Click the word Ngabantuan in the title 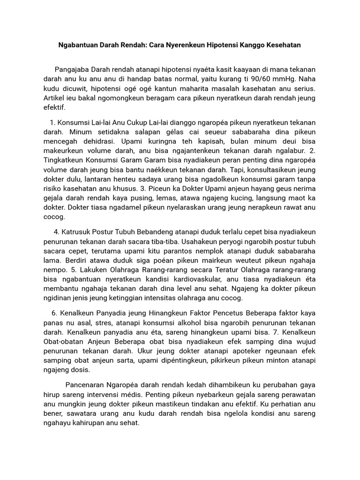tap(80, 45)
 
